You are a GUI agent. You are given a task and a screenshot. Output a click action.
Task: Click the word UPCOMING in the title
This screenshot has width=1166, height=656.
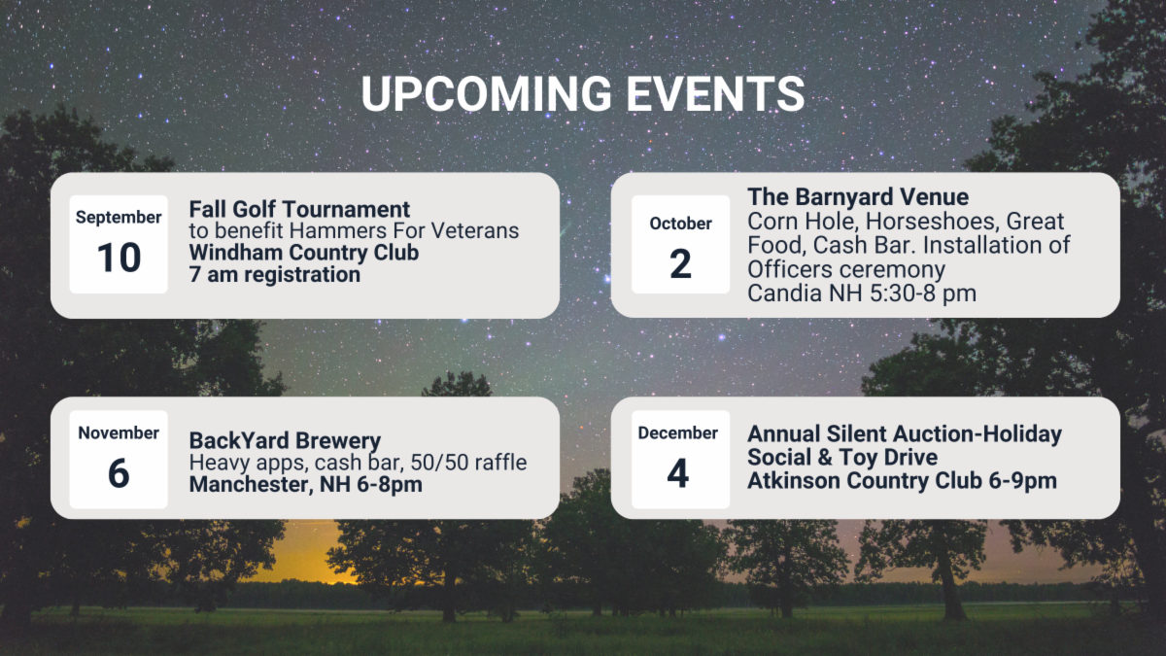(486, 93)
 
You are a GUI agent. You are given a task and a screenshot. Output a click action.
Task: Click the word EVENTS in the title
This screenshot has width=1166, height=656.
(715, 93)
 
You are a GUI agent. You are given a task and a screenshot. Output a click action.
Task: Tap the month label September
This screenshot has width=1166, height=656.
(119, 218)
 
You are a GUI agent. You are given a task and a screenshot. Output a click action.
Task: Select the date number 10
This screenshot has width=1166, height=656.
(119, 258)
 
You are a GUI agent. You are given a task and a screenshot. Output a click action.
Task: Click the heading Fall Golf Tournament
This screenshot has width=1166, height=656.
(299, 209)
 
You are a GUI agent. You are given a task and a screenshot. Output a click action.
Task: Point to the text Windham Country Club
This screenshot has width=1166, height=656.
(304, 253)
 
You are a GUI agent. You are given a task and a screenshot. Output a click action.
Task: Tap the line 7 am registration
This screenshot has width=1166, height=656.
(274, 274)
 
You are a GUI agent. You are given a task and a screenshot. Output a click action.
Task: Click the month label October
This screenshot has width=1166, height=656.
(680, 224)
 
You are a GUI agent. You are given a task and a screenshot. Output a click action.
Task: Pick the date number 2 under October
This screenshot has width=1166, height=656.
(680, 264)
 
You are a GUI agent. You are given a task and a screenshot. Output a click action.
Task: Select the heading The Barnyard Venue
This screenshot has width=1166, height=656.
(858, 196)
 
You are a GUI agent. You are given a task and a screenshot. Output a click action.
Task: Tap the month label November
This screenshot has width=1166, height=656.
(119, 433)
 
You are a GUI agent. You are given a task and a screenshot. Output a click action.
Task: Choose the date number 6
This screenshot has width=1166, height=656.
(119, 473)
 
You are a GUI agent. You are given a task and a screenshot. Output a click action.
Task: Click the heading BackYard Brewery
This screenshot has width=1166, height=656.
(285, 440)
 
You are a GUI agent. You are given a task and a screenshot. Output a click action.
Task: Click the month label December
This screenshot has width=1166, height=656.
(678, 433)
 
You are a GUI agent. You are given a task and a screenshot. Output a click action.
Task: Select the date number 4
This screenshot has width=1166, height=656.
(678, 473)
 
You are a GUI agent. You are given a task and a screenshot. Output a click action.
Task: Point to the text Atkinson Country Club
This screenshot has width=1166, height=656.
(865, 480)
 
